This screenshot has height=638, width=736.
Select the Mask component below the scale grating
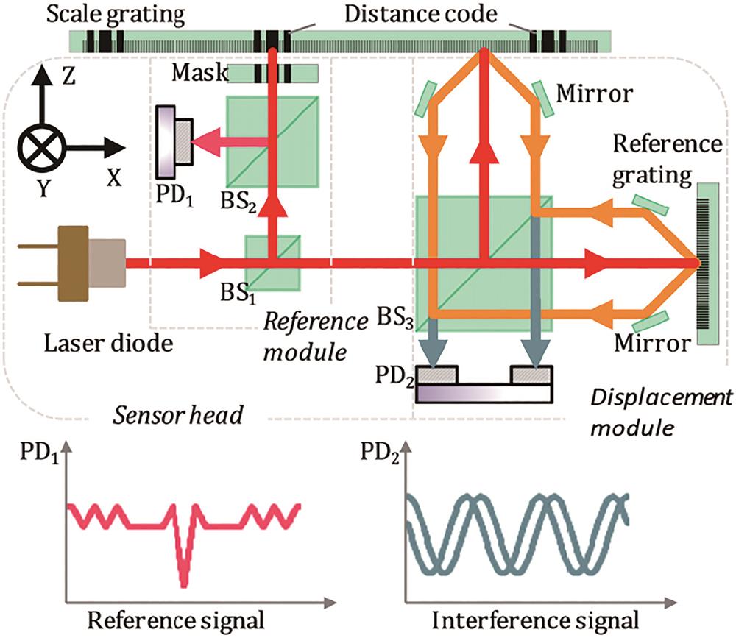click(272, 74)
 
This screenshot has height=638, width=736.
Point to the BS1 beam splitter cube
click(272, 262)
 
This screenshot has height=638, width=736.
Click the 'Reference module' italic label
click(316, 336)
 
